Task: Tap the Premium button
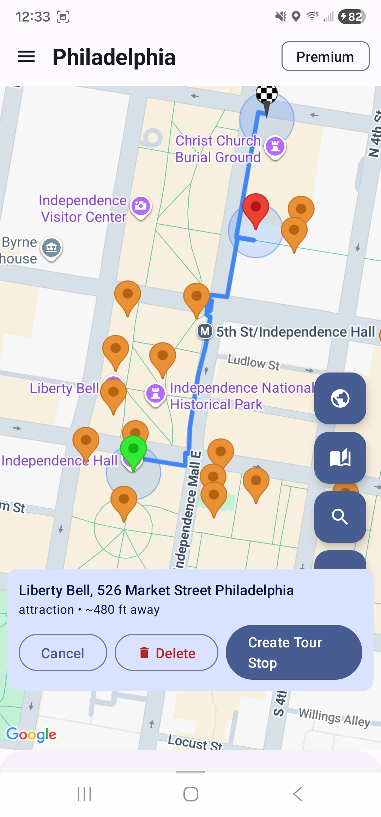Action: [x=325, y=56]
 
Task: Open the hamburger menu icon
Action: [x=26, y=56]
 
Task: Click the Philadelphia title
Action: [x=114, y=57]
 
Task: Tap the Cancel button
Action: [x=63, y=653]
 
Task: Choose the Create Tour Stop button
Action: [x=294, y=652]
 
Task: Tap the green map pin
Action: [x=133, y=450]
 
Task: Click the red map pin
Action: [x=256, y=207]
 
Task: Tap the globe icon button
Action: [x=340, y=398]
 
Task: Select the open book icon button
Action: [x=340, y=458]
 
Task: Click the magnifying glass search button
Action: [x=340, y=517]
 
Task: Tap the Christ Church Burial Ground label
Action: [x=218, y=149]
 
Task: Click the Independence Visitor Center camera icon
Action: [x=141, y=206]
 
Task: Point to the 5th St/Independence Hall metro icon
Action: [x=205, y=331]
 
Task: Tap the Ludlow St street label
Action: [x=253, y=362]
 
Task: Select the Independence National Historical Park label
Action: [x=242, y=396]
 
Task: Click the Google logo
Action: [x=31, y=734]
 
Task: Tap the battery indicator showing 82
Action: [x=351, y=17]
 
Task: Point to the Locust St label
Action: [x=195, y=742]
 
